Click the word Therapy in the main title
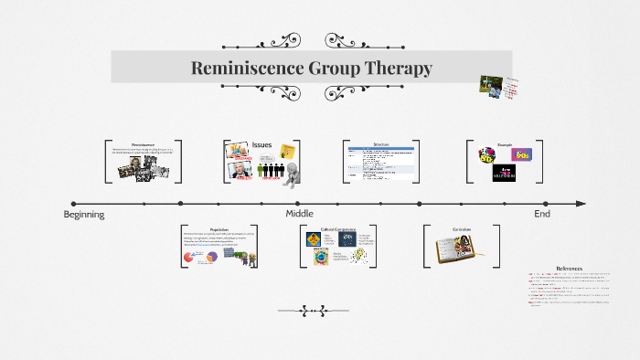pyautogui.click(x=394, y=69)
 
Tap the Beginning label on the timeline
pyautogui.click(x=84, y=214)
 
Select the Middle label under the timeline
pyautogui.click(x=299, y=214)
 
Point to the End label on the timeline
pyautogui.click(x=542, y=214)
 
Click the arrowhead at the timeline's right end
pyautogui.click(x=581, y=204)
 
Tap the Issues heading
pyautogui.click(x=262, y=144)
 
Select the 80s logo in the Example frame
pyautogui.click(x=488, y=156)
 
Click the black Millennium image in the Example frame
pyautogui.click(x=506, y=173)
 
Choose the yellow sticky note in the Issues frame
pyautogui.click(x=288, y=150)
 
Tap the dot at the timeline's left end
pyautogui.click(x=74, y=204)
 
